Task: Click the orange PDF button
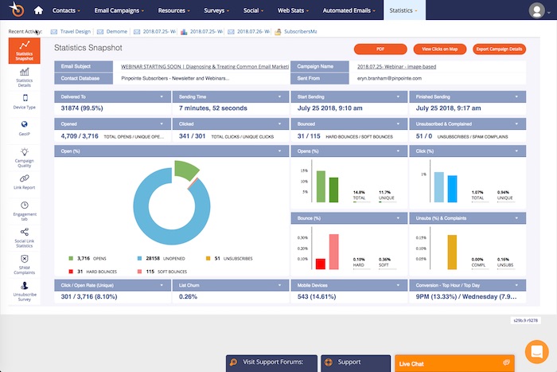click(x=380, y=49)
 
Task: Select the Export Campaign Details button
click(x=499, y=49)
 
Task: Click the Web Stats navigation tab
click(x=291, y=11)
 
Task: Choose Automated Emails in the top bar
click(x=351, y=11)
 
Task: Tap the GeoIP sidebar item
click(x=25, y=127)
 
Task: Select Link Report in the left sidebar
click(x=25, y=182)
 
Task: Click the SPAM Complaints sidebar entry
click(x=25, y=263)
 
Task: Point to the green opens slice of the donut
click(x=185, y=169)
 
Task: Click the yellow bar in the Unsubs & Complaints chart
click(x=451, y=253)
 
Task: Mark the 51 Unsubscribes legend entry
click(x=224, y=258)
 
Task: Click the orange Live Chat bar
click(x=454, y=363)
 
